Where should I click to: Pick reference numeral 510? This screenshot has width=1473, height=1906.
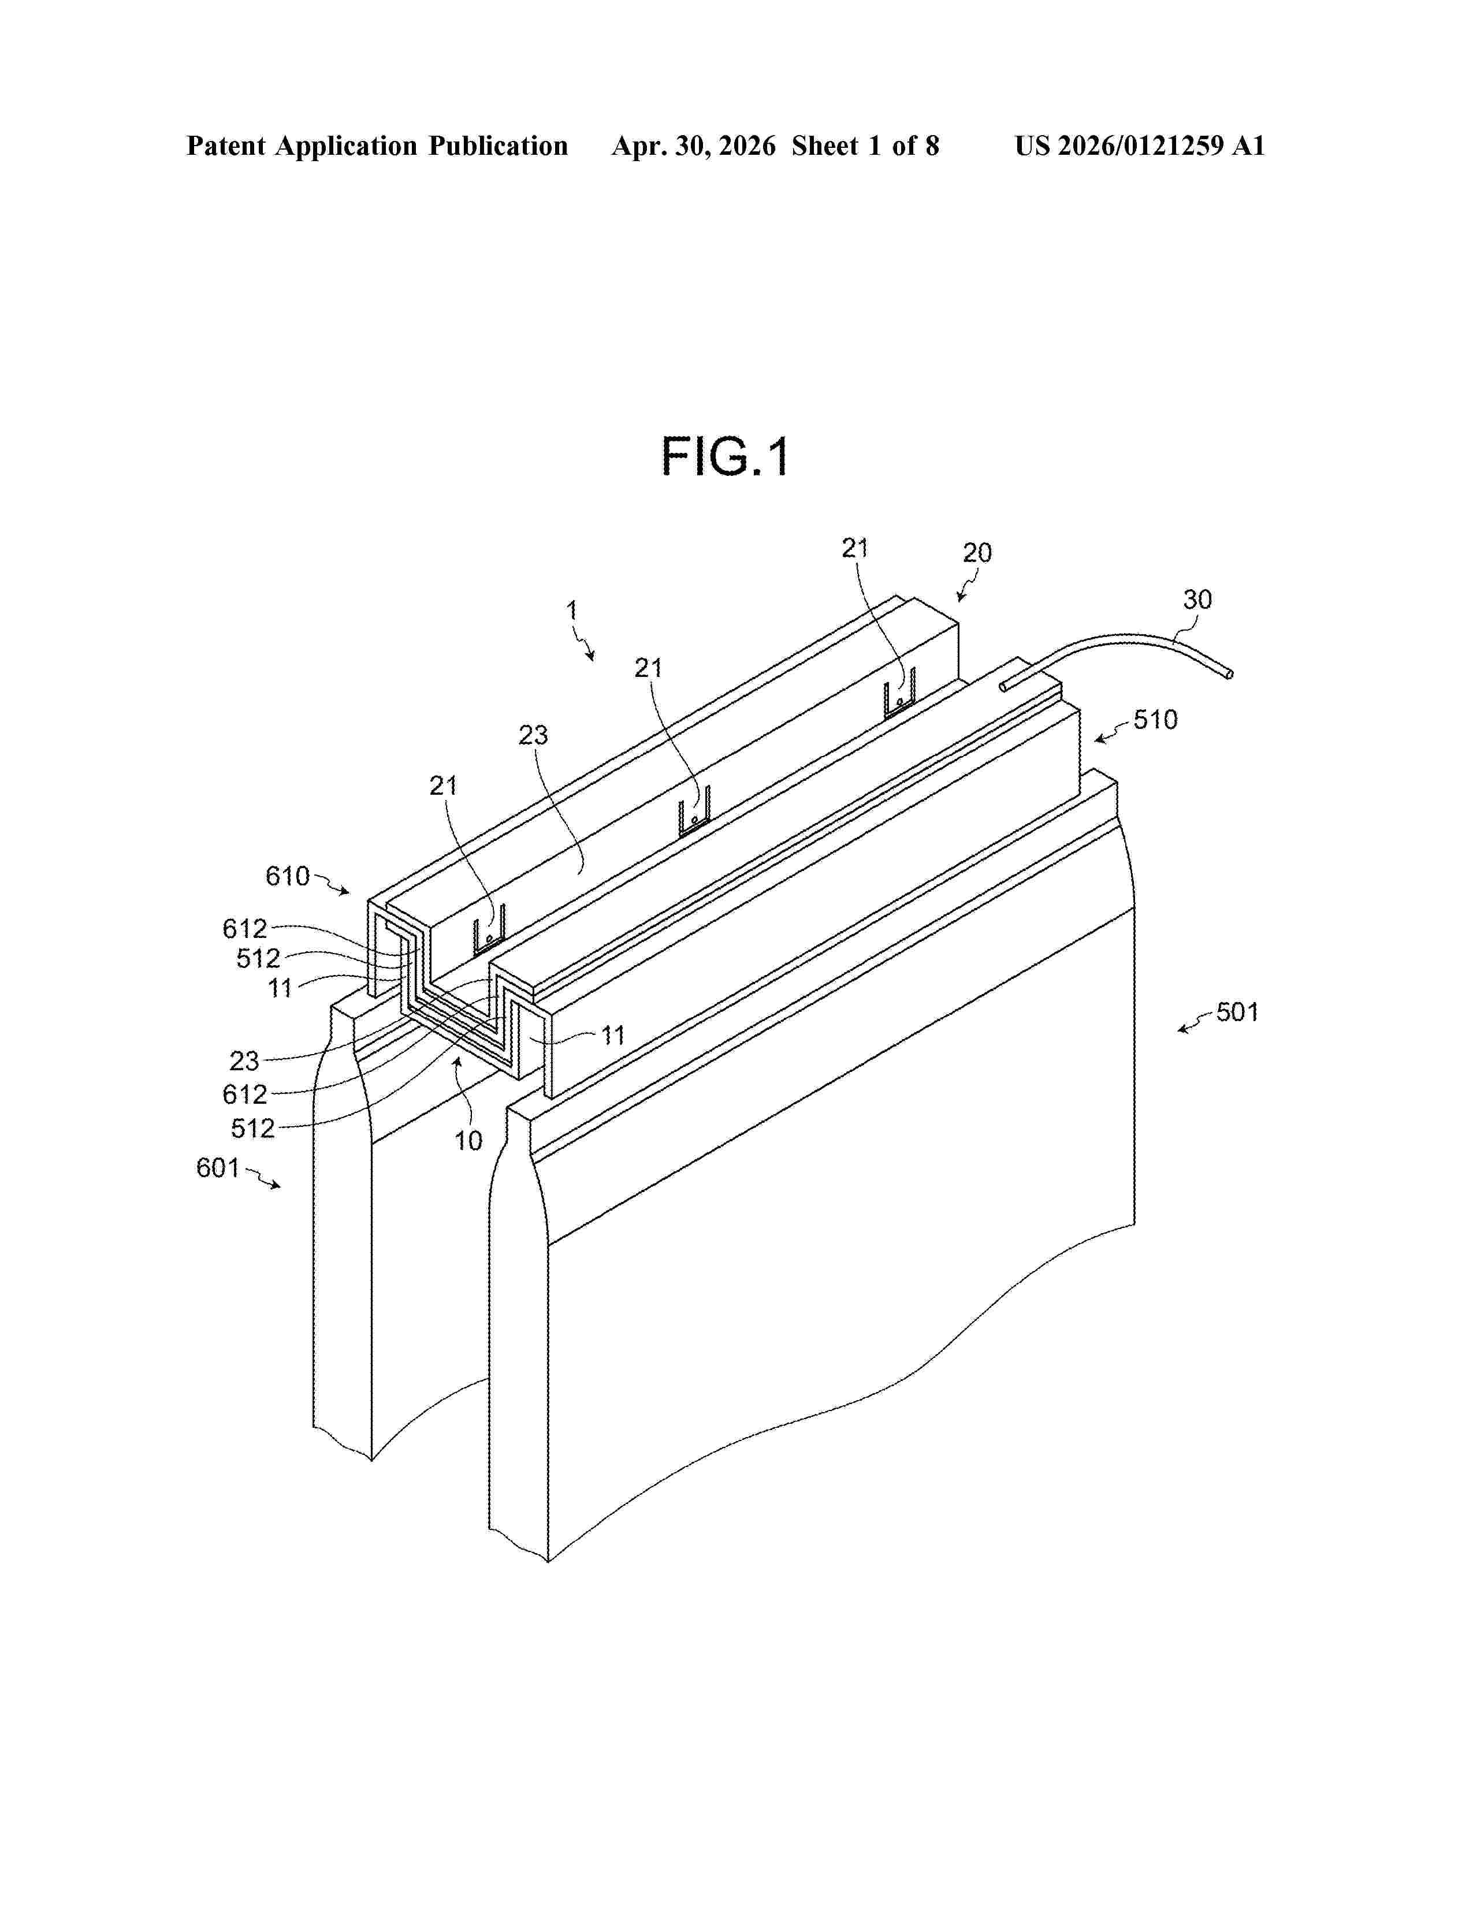click(x=1155, y=720)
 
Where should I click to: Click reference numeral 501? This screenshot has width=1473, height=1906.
click(x=1237, y=1012)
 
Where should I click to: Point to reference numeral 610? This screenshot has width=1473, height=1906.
click(x=288, y=876)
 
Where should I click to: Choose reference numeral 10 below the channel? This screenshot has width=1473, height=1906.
click(x=468, y=1141)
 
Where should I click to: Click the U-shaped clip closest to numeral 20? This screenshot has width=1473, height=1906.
click(x=899, y=694)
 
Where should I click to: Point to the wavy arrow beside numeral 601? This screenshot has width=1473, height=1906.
click(x=263, y=1177)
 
